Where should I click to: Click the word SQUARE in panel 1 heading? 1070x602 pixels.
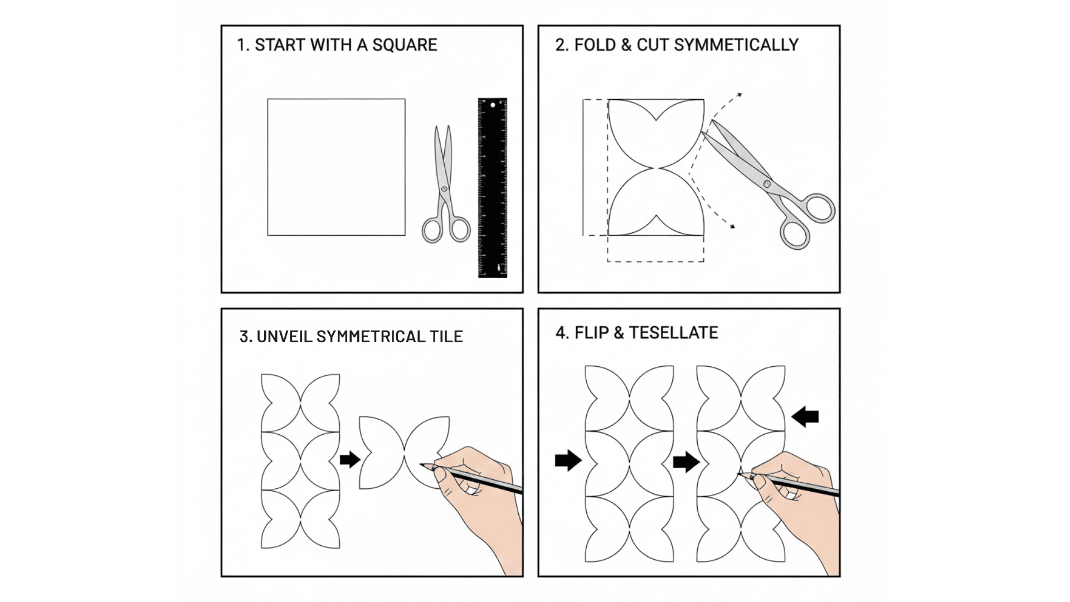click(x=405, y=45)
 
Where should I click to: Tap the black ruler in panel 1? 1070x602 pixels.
click(x=493, y=190)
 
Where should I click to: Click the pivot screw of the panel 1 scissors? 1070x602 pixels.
click(x=444, y=189)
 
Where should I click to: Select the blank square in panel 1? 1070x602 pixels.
click(x=336, y=167)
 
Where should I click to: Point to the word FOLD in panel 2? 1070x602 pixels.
click(x=595, y=45)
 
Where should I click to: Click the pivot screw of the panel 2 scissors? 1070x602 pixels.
click(x=767, y=183)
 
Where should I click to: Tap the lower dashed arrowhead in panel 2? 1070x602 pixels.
click(x=732, y=226)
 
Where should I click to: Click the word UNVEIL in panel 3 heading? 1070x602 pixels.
click(x=284, y=337)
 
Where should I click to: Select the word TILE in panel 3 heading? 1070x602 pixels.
click(x=446, y=337)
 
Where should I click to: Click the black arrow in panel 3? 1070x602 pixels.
click(x=350, y=460)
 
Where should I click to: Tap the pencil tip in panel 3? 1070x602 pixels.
click(x=421, y=464)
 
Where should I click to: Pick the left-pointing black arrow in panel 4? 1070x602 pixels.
click(x=805, y=416)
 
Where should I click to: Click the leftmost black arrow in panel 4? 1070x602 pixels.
click(x=568, y=460)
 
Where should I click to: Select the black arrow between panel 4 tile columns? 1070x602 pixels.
click(x=686, y=462)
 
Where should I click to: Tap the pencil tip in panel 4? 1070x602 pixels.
click(x=739, y=474)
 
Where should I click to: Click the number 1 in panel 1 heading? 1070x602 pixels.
click(x=241, y=45)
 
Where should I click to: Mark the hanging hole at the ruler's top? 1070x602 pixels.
click(x=493, y=105)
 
